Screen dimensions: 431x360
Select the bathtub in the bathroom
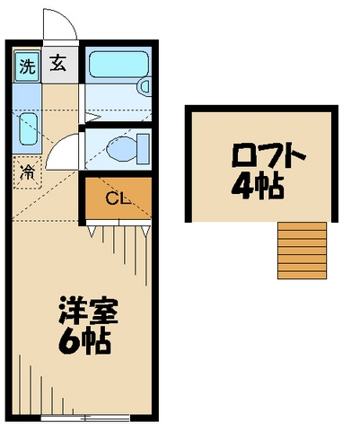tap(117, 65)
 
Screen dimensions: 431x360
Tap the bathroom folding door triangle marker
tap(90, 115)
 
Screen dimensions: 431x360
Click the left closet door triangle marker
tap(92, 232)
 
